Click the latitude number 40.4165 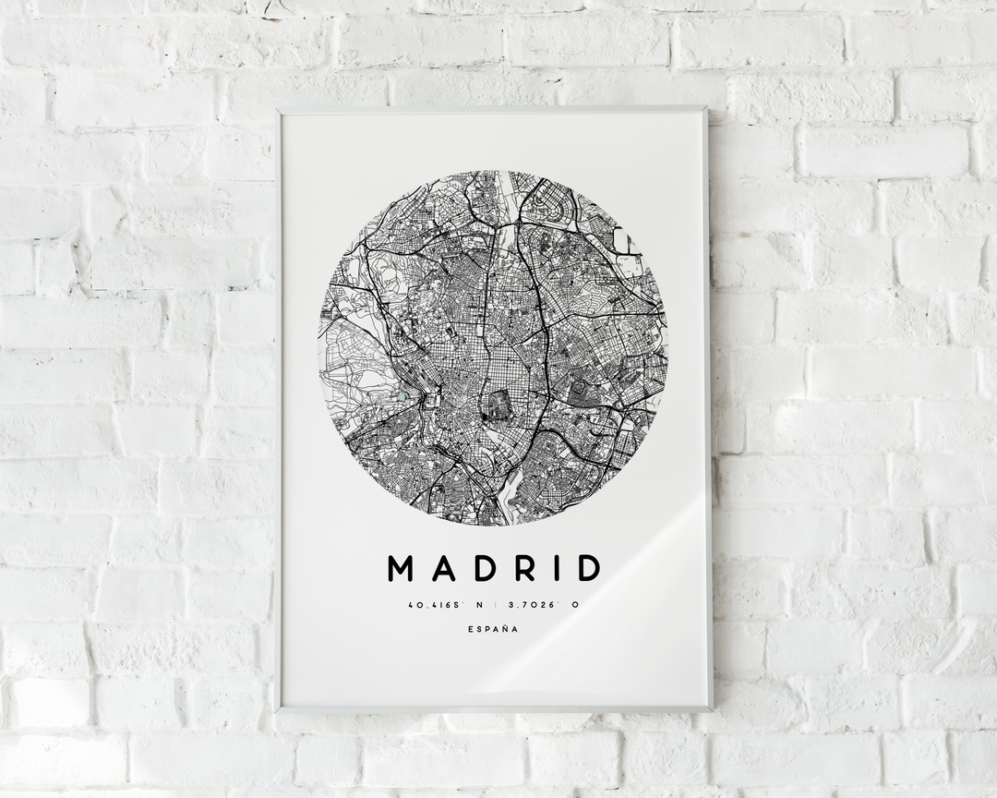(x=426, y=606)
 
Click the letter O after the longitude (x=574, y=606)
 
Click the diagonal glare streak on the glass (x=609, y=591)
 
